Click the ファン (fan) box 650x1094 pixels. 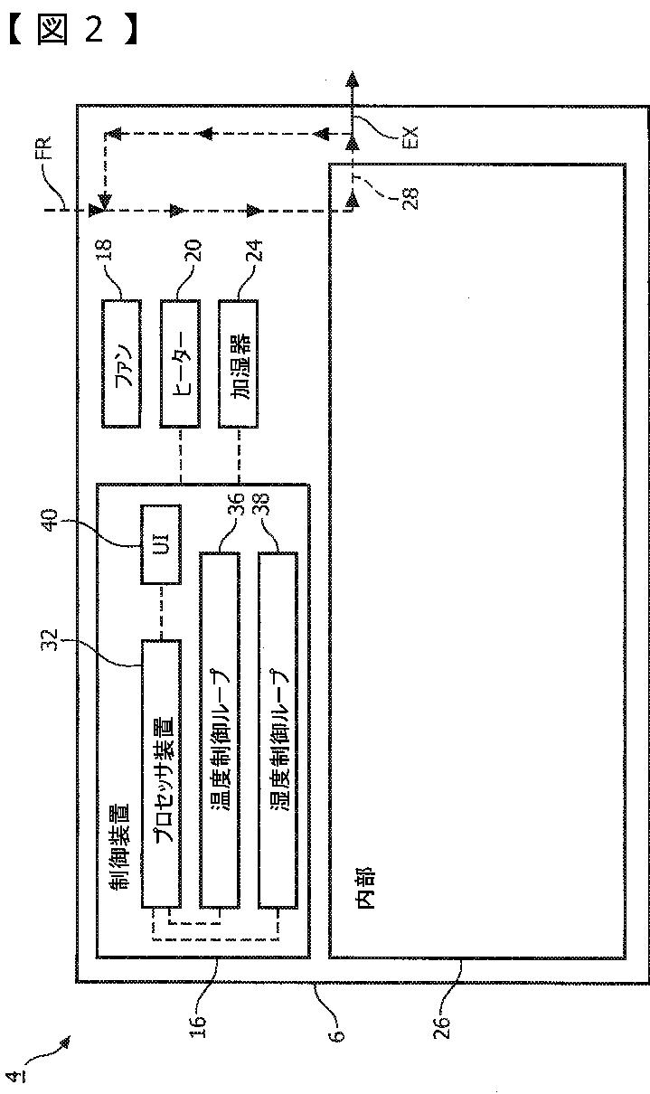(122, 363)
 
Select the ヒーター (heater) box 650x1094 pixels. (180, 363)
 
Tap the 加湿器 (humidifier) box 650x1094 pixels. (239, 363)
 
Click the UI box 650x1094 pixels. (161, 545)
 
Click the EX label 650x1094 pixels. (411, 137)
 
